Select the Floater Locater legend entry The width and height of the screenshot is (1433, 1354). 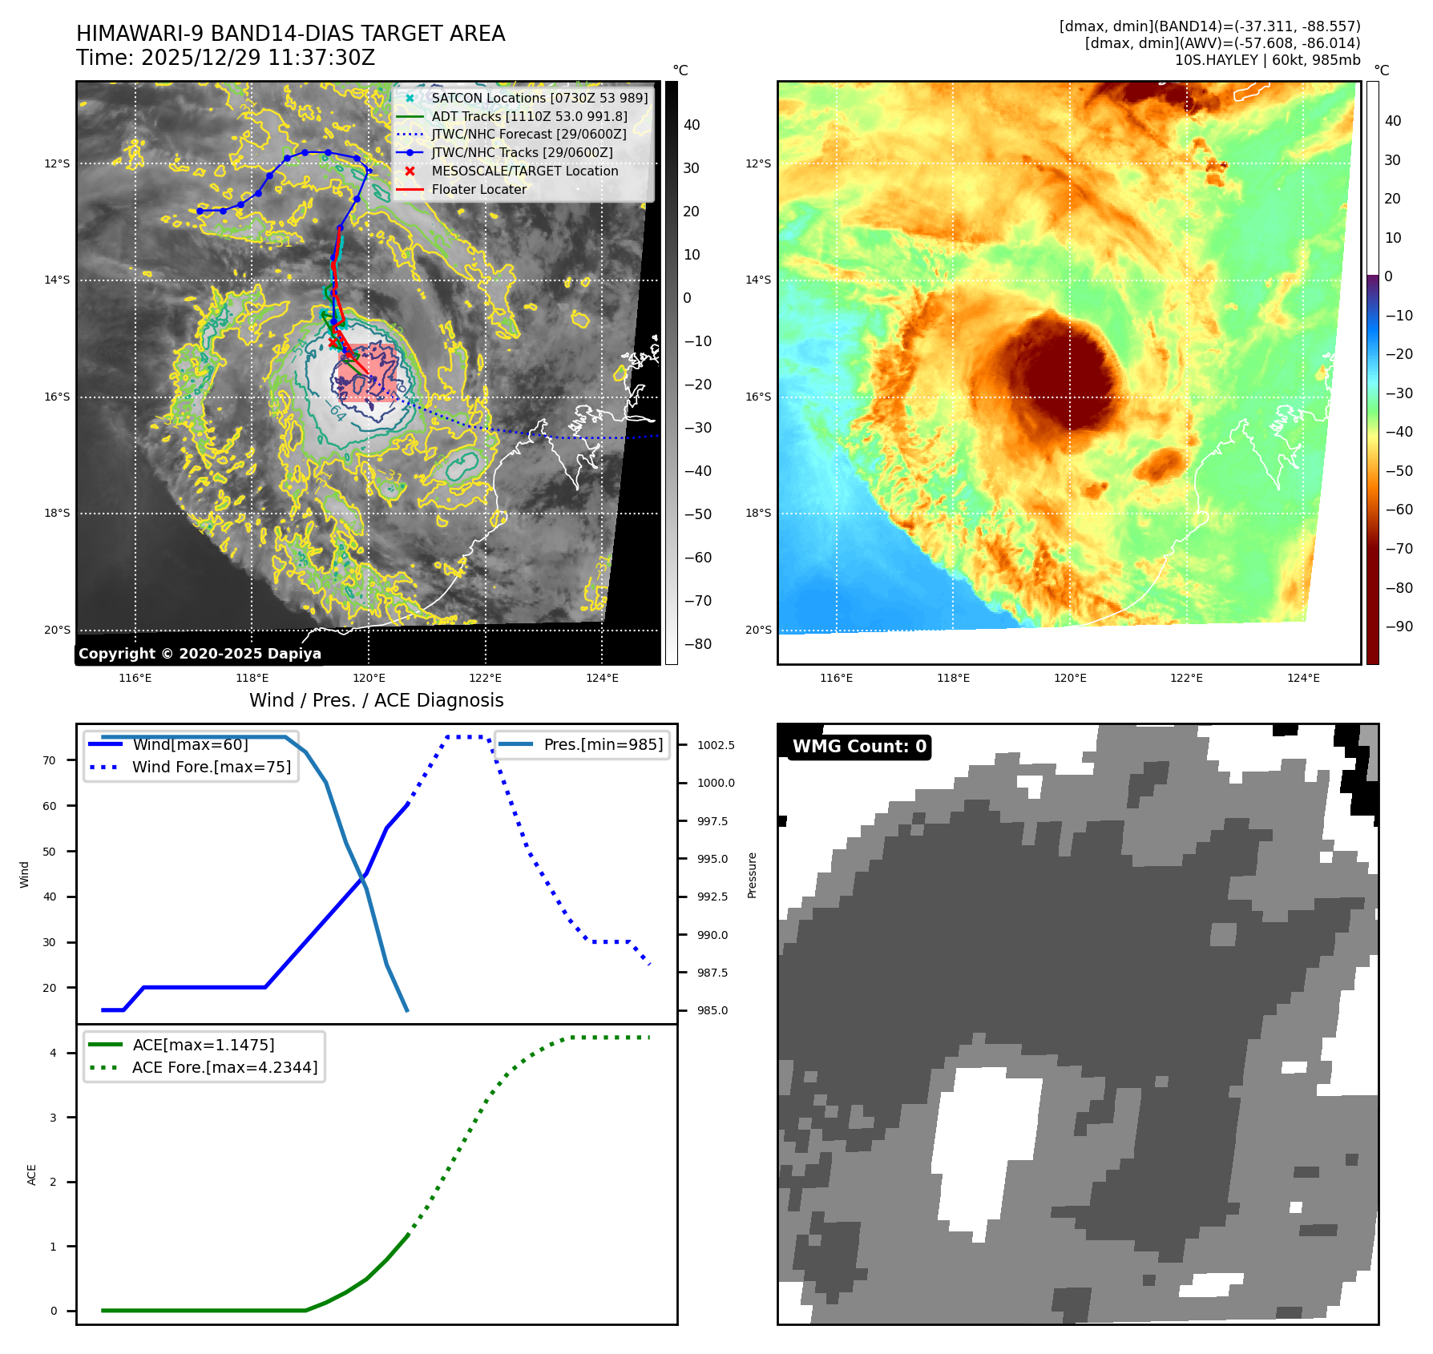pos(478,190)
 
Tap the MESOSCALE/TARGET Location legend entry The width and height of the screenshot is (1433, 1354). pos(524,171)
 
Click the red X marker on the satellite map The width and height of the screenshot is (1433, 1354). pos(333,343)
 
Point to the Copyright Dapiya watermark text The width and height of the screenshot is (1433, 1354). pos(200,654)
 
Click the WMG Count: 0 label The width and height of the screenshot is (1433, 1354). pos(859,747)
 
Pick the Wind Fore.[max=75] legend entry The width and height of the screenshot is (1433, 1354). pos(211,767)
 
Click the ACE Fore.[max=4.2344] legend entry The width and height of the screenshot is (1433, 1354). pos(224,1067)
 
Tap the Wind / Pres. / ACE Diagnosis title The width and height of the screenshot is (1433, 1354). pos(377,700)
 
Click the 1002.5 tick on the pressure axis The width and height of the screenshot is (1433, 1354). pos(716,745)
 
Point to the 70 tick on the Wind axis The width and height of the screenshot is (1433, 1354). pos(50,760)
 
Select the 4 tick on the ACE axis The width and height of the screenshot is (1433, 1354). pos(54,1053)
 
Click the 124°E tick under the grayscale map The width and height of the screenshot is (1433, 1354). pos(602,678)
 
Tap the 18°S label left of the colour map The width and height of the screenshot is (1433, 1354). pos(758,513)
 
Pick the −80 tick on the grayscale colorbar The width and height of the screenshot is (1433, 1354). pos(697,644)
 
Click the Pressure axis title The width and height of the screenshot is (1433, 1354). pos(752,875)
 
